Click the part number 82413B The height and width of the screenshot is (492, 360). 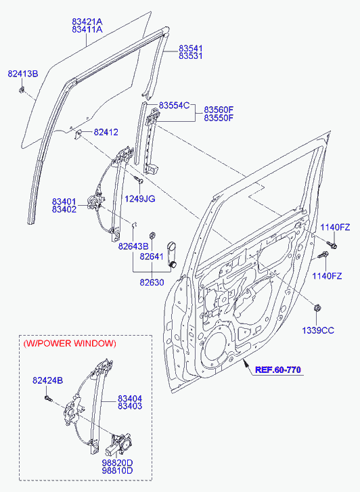pos(23,74)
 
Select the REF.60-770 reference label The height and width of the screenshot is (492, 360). pos(278,370)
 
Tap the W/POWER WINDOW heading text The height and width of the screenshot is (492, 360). pos(70,343)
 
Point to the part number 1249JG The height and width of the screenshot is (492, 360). pos(140,199)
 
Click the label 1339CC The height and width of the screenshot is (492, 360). pos(318,330)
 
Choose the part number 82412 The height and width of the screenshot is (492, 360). pos(106,132)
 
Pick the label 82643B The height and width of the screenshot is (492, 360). pos(133,246)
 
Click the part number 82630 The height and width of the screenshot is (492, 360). pos(152,282)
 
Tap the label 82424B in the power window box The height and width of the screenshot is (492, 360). pos(48,380)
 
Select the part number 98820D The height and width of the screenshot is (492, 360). pos(117,463)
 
